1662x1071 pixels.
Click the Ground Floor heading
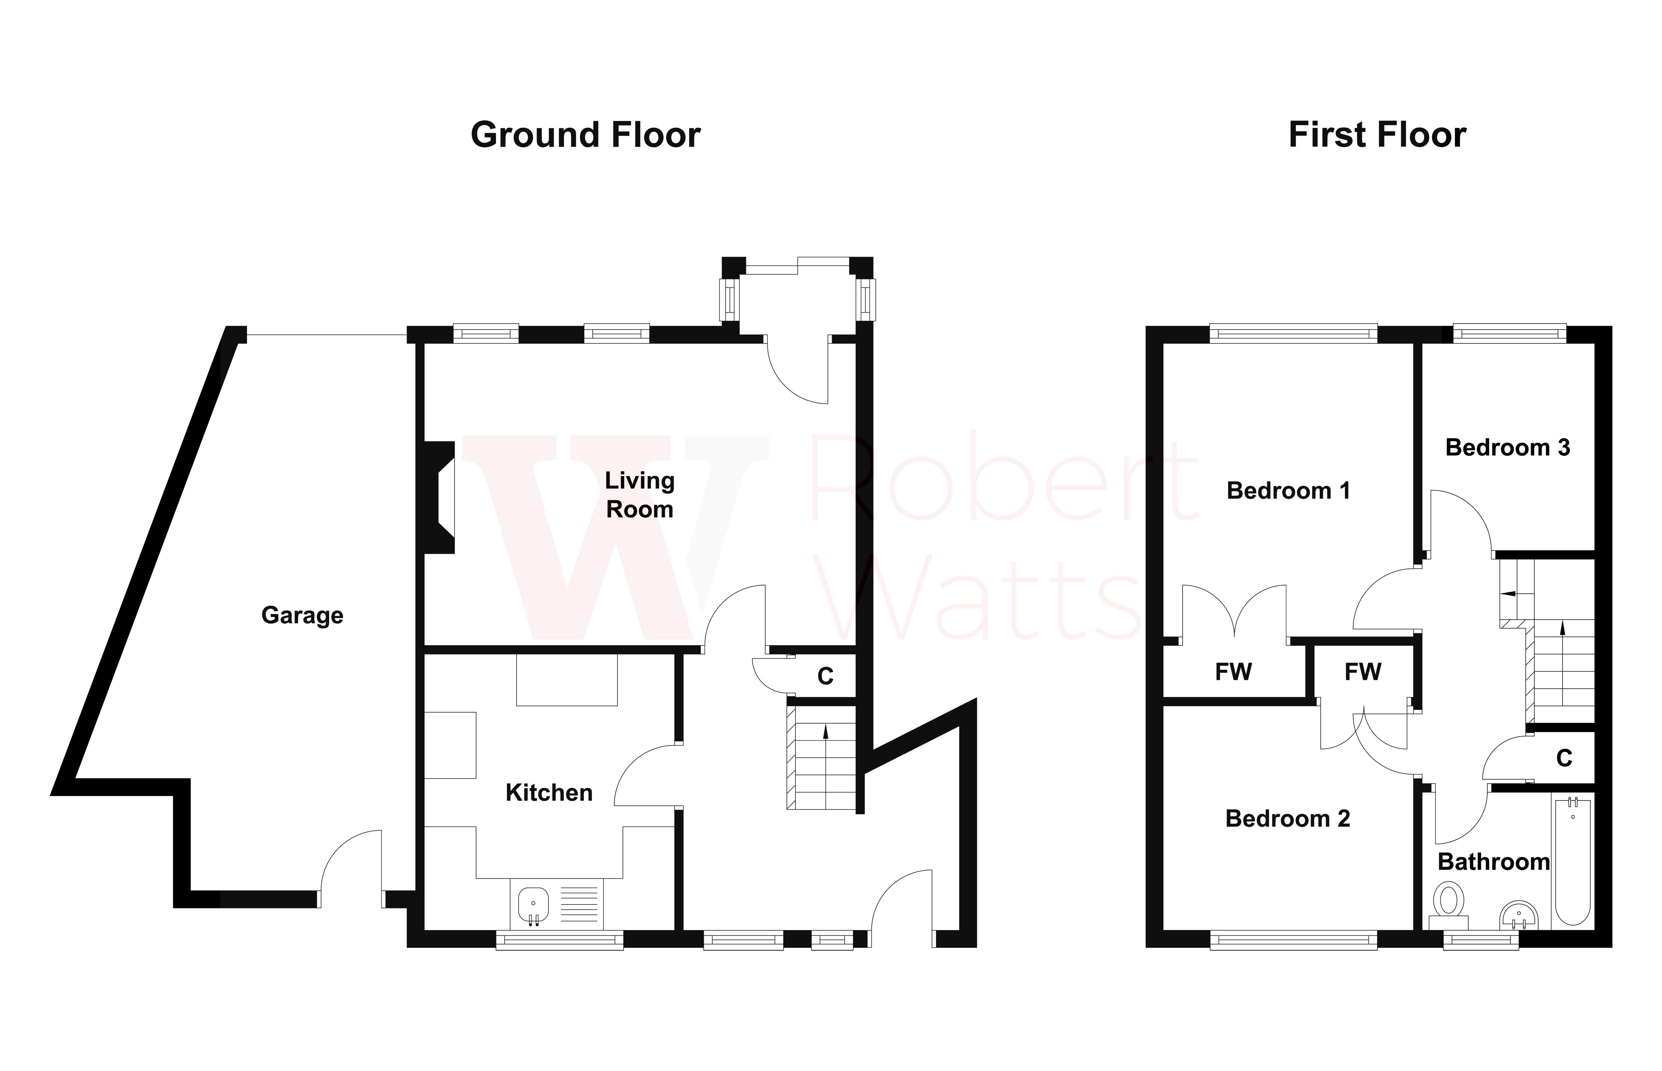tap(586, 135)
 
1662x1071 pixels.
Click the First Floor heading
tap(1377, 135)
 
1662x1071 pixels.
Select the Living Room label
tap(639, 495)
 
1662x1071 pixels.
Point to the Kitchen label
tap(549, 793)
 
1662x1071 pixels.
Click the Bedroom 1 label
tap(1288, 491)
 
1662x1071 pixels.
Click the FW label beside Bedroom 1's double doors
tap(1233, 672)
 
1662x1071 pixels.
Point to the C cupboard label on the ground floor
tap(825, 676)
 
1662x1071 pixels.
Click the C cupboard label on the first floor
tap(1564, 758)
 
